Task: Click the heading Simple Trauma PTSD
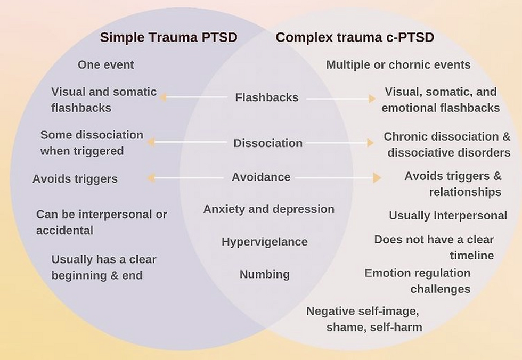(169, 37)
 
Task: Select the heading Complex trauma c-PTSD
(355, 37)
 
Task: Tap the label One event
(106, 64)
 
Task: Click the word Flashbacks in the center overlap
(267, 97)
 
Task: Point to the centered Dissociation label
(268, 143)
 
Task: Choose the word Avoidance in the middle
(261, 177)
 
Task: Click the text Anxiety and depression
(269, 209)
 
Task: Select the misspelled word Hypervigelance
(265, 242)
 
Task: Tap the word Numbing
(265, 274)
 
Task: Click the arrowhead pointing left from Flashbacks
(163, 97)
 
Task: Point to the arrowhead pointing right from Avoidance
(377, 178)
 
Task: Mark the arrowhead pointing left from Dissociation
(151, 142)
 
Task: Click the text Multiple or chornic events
(398, 64)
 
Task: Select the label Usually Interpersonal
(448, 216)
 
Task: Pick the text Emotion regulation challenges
(418, 281)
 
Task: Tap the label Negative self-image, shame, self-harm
(364, 319)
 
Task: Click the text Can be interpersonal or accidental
(102, 222)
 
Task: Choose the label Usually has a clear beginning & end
(104, 267)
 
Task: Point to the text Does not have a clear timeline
(434, 247)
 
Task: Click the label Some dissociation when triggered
(92, 143)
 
